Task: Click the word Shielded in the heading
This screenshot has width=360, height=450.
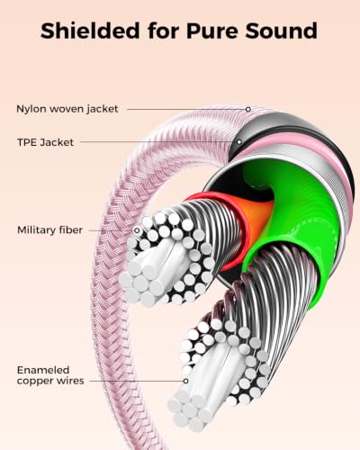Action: click(x=90, y=31)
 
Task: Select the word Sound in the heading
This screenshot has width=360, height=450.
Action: click(x=281, y=31)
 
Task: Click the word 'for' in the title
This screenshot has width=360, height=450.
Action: click(x=163, y=31)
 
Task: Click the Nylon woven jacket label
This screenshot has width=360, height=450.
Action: click(x=67, y=109)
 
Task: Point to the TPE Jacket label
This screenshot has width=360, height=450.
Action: click(x=45, y=142)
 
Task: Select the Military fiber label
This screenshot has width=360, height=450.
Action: click(x=49, y=230)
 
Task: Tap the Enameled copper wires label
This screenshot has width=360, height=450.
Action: click(x=50, y=375)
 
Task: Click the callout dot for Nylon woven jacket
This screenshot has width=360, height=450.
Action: click(x=248, y=109)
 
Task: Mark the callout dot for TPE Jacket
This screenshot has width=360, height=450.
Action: click(x=239, y=142)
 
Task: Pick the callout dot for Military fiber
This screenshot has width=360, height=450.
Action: click(x=137, y=230)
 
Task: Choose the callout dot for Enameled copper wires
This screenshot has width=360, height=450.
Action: click(x=185, y=381)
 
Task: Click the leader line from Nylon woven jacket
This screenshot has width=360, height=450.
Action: click(x=186, y=109)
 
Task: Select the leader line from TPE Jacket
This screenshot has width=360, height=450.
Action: click(x=158, y=142)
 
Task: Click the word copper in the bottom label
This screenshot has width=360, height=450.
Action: click(x=35, y=381)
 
